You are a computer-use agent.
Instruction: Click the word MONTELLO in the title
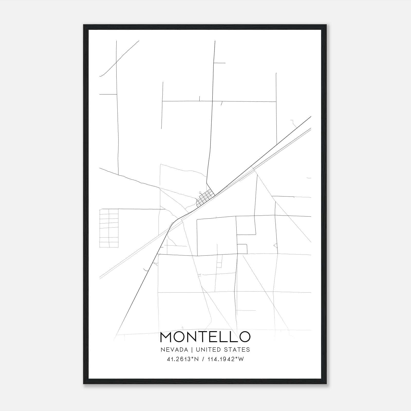click(x=205, y=337)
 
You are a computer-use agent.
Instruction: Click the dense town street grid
click(x=205, y=198)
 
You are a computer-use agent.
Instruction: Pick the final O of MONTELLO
click(x=244, y=337)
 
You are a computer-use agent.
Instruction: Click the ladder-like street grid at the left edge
click(x=109, y=228)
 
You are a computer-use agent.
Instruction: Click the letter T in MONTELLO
click(x=203, y=337)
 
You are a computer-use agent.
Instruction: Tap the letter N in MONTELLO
click(x=191, y=337)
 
